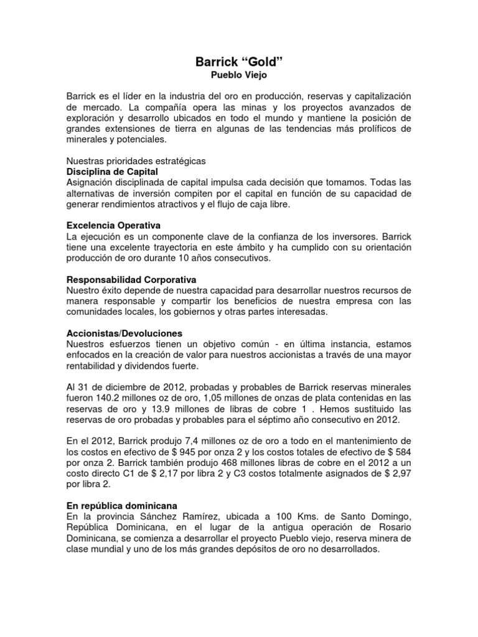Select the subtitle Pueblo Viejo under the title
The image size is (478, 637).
tap(239, 75)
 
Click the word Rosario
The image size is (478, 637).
tap(393, 529)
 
